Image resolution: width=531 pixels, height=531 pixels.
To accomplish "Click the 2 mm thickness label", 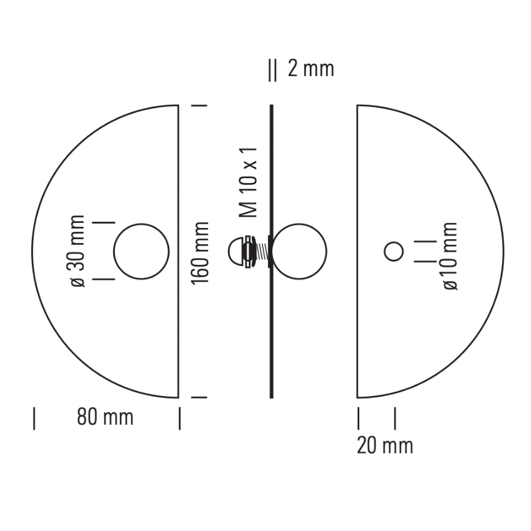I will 310,69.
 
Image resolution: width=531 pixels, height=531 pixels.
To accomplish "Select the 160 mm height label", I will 200,252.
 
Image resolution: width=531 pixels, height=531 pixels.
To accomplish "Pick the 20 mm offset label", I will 385,445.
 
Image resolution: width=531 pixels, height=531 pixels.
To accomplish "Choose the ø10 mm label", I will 450,256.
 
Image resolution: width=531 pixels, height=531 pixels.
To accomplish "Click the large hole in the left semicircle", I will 141,251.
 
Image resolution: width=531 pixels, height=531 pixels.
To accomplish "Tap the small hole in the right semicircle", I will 393,251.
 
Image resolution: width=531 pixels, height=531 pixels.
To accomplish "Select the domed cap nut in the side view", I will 235,252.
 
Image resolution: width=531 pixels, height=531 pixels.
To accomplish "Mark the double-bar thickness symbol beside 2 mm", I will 272,70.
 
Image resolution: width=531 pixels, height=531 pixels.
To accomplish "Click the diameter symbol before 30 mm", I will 78,282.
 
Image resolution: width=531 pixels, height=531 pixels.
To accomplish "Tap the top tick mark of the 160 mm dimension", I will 198,106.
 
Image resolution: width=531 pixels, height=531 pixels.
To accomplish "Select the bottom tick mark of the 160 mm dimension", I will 198,397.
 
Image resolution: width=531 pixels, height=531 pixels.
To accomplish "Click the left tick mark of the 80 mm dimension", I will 34,418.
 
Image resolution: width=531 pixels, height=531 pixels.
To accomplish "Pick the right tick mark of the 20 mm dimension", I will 395,418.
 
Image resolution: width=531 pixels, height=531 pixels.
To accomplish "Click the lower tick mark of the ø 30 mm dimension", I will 104,279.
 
